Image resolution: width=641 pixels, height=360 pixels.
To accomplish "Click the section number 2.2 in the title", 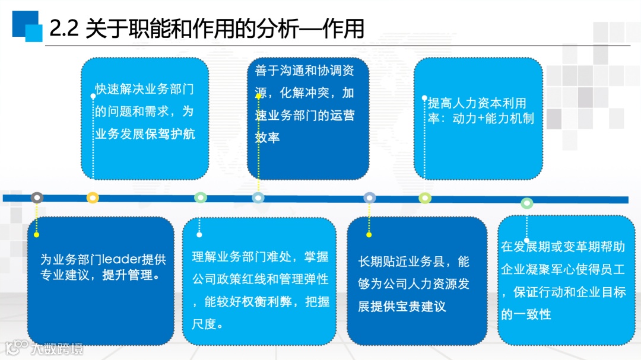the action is pyautogui.click(x=64, y=28).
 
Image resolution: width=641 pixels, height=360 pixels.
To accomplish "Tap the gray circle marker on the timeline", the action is pyautogui.click(x=37, y=197).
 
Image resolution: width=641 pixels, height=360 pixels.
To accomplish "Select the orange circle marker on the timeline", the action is pyautogui.click(x=93, y=197).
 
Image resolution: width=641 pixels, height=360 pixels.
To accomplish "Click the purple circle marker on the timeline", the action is pyautogui.click(x=370, y=197).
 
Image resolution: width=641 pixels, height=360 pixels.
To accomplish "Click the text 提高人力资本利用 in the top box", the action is pyautogui.click(x=477, y=103).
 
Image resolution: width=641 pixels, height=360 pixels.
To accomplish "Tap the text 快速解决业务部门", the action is pyautogui.click(x=145, y=90).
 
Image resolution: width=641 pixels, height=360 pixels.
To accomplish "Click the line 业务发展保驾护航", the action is pyautogui.click(x=145, y=133).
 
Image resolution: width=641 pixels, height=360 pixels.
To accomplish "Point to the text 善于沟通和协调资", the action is pyautogui.click(x=304, y=71).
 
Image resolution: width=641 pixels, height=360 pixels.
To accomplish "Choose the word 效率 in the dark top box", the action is pyautogui.click(x=267, y=138).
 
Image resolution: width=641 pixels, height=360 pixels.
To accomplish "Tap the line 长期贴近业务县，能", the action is pyautogui.click(x=414, y=262).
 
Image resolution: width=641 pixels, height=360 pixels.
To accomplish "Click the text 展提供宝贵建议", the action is pyautogui.click(x=402, y=307).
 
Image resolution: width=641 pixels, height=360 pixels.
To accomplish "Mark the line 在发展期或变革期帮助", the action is pyautogui.click(x=563, y=247).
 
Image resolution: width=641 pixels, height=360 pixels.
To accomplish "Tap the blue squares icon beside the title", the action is pyautogui.click(x=27, y=26).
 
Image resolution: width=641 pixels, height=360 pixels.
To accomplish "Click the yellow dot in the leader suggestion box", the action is pyautogui.click(x=36, y=235).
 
